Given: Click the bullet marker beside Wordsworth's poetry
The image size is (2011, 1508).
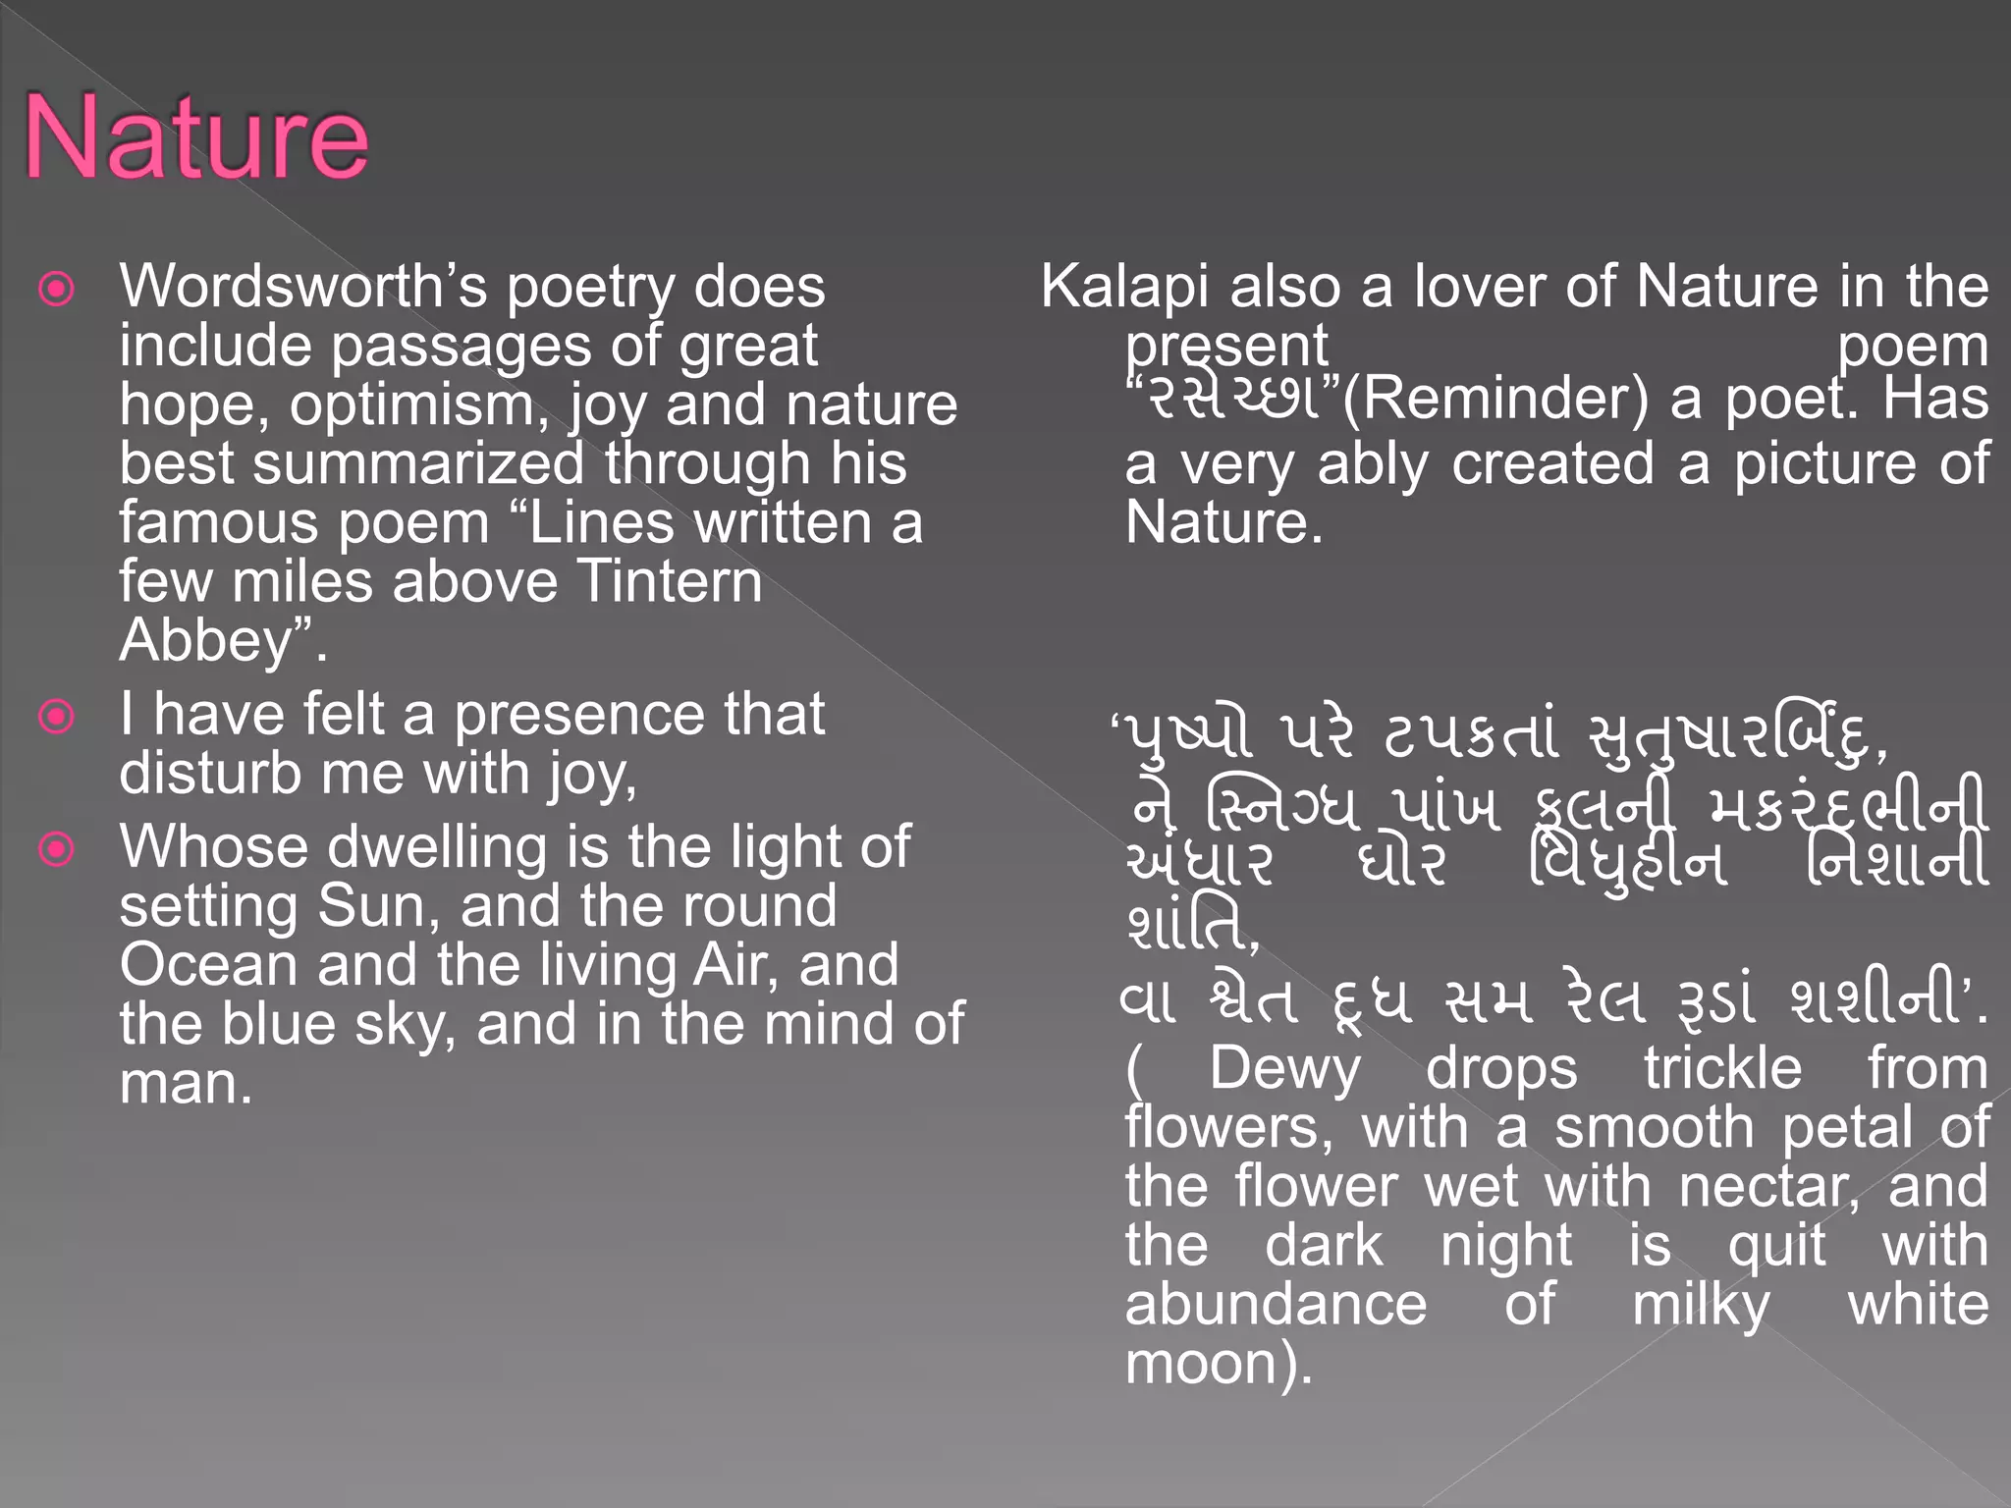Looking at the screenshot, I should (x=56, y=289).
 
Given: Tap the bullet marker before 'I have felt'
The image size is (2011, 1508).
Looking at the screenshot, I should (x=56, y=716).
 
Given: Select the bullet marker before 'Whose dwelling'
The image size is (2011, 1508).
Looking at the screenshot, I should (x=56, y=848).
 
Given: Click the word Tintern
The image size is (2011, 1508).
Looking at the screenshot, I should (x=669, y=581).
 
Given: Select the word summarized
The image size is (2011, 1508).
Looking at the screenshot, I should (x=418, y=463).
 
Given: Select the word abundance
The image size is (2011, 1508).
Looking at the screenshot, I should (x=1276, y=1305).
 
